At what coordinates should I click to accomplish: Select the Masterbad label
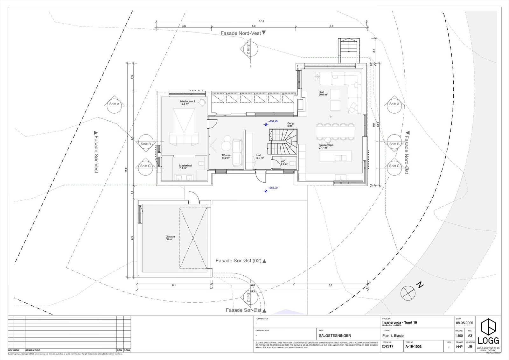185,167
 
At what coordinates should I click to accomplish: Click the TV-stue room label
226,157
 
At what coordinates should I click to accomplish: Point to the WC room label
284,163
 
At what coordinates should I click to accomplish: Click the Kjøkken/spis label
326,146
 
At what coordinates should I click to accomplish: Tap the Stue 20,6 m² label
323,93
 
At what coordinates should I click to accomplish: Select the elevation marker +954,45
273,121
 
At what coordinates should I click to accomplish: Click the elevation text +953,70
273,188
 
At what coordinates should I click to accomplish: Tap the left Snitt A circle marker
114,104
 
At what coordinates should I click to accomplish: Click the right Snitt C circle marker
394,166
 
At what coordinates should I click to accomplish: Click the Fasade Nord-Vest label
241,33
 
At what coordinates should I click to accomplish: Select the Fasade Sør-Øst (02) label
238,261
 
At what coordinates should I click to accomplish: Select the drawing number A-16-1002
413,346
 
